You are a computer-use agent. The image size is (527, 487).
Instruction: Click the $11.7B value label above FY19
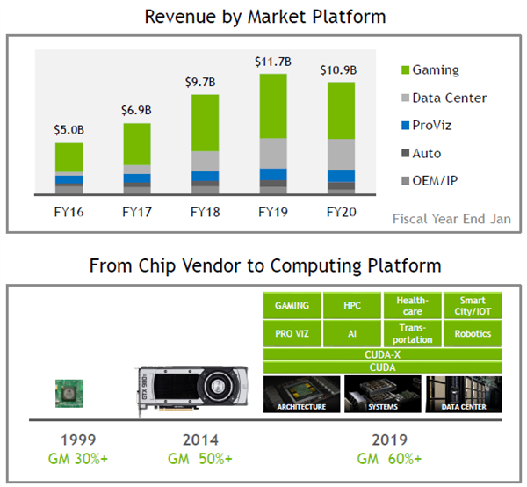(273, 62)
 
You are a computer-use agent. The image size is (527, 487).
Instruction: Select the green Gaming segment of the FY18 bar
(205, 122)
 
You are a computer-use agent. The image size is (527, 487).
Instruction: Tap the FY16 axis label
(68, 212)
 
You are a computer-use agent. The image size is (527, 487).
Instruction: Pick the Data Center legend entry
(449, 98)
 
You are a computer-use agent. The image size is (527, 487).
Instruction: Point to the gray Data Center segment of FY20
(341, 153)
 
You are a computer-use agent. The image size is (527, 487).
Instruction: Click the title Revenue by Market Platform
(264, 17)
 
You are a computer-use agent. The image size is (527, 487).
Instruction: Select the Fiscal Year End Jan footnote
(451, 219)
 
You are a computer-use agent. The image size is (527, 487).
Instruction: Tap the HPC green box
(352, 306)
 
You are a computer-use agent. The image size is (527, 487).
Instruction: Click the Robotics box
(473, 334)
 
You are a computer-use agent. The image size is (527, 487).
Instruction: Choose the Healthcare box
(412, 306)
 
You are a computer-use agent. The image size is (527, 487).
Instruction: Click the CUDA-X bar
(382, 353)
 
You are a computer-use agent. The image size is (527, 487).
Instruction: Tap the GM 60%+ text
(390, 459)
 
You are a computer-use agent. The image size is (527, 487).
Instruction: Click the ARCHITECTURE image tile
(301, 394)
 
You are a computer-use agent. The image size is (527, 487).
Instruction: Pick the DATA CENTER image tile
(463, 394)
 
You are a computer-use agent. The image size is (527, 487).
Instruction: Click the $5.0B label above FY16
(68, 130)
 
